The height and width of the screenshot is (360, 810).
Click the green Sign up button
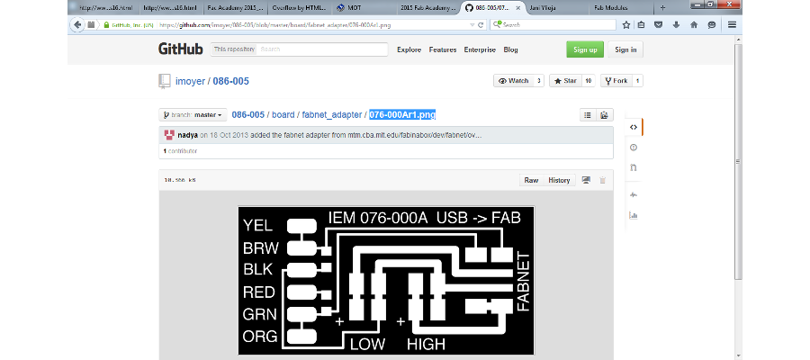pyautogui.click(x=585, y=49)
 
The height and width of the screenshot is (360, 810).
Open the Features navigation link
pyautogui.click(x=443, y=49)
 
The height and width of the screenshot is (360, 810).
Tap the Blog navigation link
pyautogui.click(x=510, y=49)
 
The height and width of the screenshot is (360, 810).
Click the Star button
pyautogui.click(x=563, y=81)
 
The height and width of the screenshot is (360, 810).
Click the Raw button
pyautogui.click(x=531, y=180)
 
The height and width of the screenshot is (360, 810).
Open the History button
pyautogui.click(x=559, y=180)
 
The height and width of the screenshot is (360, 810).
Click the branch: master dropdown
pyautogui.click(x=193, y=115)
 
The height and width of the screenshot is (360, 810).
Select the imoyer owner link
pyautogui.click(x=189, y=81)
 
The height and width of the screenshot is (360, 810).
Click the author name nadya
pyautogui.click(x=187, y=135)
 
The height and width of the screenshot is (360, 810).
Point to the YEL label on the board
pyautogui.click(x=258, y=226)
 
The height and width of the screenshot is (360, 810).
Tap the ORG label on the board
pyautogui.click(x=259, y=337)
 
